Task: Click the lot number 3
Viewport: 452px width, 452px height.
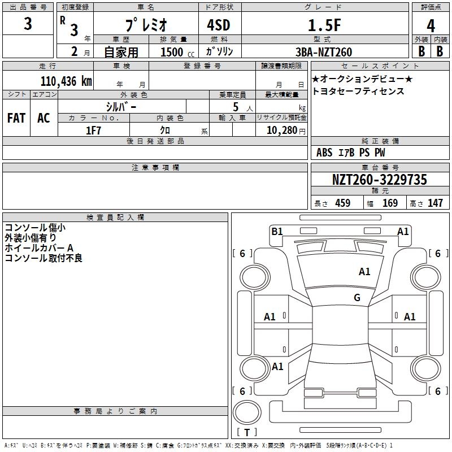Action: pos(28,24)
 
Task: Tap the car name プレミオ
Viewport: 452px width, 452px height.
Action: pos(146,24)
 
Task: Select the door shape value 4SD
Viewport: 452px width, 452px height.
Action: pos(219,25)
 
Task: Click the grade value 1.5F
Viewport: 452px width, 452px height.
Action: pos(324,25)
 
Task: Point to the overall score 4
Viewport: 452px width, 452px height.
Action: pos(431,26)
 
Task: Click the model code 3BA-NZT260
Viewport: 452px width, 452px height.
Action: pos(324,52)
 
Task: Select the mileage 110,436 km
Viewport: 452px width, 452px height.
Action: pos(66,81)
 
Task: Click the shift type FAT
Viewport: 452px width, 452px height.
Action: pos(16,118)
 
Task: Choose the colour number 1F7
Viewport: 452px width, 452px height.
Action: pos(93,131)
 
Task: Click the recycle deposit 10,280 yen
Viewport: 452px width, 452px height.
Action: pos(286,131)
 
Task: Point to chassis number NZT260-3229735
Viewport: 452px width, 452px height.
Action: pos(379,180)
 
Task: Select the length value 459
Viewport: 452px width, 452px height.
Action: pos(343,203)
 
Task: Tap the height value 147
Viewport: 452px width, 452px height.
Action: pos(435,203)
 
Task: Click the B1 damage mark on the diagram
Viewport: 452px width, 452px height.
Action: pos(277,232)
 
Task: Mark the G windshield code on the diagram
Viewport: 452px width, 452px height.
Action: pos(357,298)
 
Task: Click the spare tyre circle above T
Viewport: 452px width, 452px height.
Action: pos(247,412)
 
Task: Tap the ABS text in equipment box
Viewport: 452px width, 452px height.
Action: pos(324,153)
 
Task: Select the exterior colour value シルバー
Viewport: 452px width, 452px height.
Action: pos(121,107)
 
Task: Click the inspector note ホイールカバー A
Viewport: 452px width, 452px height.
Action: pos(39,248)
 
